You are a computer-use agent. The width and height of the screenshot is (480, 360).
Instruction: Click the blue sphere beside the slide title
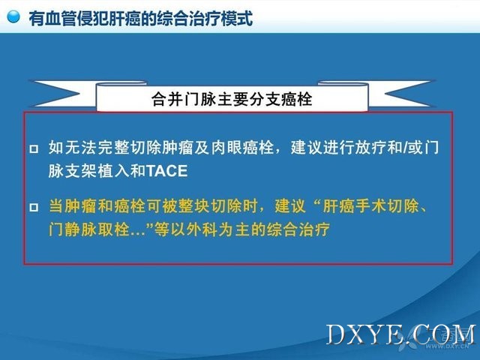[x=13, y=16]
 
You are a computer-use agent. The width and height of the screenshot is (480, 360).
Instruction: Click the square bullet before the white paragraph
[x=34, y=149]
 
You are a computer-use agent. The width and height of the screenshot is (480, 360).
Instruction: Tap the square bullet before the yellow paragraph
[x=34, y=208]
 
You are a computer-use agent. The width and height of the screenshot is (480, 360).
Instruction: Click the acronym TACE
[x=166, y=171]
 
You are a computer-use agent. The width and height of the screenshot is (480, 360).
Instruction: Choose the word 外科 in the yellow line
[x=202, y=229]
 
